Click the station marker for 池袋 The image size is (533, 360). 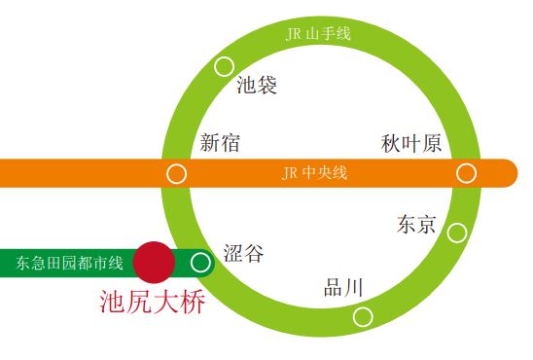pyautogui.click(x=224, y=66)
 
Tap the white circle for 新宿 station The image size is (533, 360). pyautogui.click(x=176, y=174)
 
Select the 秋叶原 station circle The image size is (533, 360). pyautogui.click(x=467, y=173)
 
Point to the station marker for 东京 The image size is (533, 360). pyautogui.click(x=456, y=233)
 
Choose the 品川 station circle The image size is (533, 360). pyautogui.click(x=363, y=316)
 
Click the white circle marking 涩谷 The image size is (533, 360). pyautogui.click(x=200, y=262)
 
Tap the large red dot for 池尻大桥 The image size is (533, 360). pyautogui.click(x=154, y=262)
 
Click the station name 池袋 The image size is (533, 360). pyautogui.click(x=258, y=86)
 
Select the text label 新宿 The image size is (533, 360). pyautogui.click(x=220, y=144)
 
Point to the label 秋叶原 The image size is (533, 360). pyautogui.click(x=412, y=144)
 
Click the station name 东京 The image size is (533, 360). pyautogui.click(x=416, y=225)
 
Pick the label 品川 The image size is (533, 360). pyautogui.click(x=343, y=288)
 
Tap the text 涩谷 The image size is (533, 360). pyautogui.click(x=243, y=254)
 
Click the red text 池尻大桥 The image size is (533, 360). pyautogui.click(x=153, y=303)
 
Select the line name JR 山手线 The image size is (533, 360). pyautogui.click(x=318, y=34)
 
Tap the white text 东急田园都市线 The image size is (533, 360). pyautogui.click(x=70, y=263)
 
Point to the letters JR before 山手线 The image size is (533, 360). pyautogui.click(x=294, y=34)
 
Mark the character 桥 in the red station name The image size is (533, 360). pyautogui.click(x=193, y=303)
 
